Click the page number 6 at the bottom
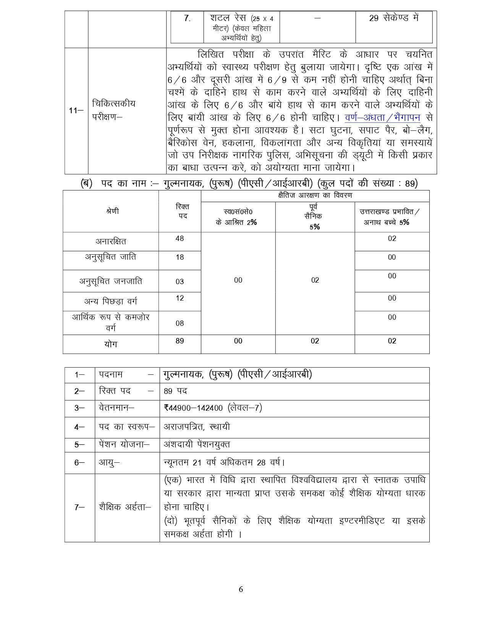tap(241, 589)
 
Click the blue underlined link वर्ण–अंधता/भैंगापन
tap(382, 118)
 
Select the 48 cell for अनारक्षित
tap(180, 239)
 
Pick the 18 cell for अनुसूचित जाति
tap(180, 257)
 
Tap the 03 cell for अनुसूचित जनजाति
tap(180, 282)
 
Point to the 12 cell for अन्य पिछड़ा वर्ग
tap(180, 298)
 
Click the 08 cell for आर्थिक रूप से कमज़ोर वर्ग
tap(180, 324)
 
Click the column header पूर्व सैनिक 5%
tap(315, 217)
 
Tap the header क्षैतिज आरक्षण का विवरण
tap(315, 196)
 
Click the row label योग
tap(111, 344)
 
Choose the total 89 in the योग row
tap(180, 341)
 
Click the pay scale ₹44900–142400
tap(193, 408)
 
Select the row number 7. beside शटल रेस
tap(187, 18)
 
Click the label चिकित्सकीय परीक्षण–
tap(113, 110)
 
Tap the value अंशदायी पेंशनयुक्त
tap(197, 445)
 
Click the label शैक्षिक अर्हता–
tap(125, 507)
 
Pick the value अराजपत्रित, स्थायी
tap(197, 427)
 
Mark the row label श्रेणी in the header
tap(112, 211)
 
